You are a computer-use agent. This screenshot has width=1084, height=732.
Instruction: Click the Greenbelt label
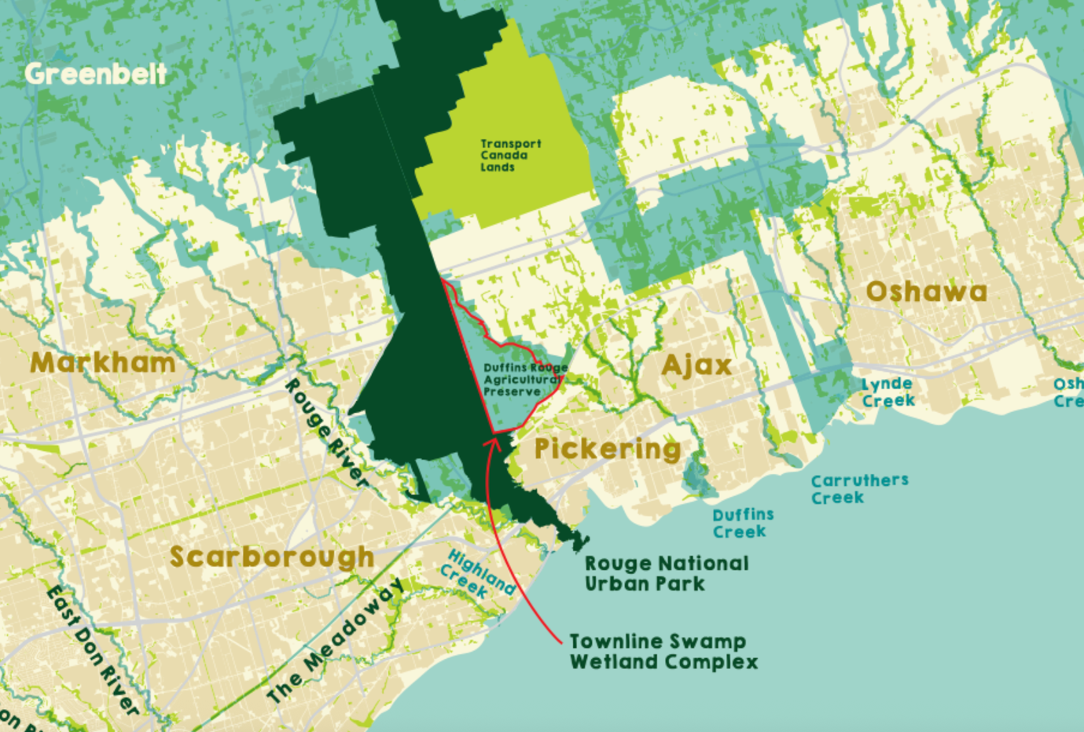(96, 75)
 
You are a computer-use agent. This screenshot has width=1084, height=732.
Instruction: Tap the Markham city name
(103, 363)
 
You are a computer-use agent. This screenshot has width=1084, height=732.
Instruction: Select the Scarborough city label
(272, 557)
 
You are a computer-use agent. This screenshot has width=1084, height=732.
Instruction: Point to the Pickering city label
(608, 449)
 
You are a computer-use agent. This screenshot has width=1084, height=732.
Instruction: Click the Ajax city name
(696, 366)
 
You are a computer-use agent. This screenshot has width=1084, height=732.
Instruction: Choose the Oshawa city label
(926, 292)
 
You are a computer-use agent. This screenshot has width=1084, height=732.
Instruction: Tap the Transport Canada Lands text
(510, 156)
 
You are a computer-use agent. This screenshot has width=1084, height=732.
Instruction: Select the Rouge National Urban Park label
(667, 574)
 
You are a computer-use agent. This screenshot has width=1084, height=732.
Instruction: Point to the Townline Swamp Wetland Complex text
(663, 652)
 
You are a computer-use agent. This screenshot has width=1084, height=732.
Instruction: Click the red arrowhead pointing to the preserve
(494, 438)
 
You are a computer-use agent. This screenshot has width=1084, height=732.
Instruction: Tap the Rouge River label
(325, 433)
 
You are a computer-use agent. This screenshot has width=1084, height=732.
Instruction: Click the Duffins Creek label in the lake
(743, 524)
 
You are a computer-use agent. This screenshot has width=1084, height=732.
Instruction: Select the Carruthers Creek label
(859, 489)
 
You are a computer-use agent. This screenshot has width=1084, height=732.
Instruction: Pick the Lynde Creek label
(888, 392)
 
